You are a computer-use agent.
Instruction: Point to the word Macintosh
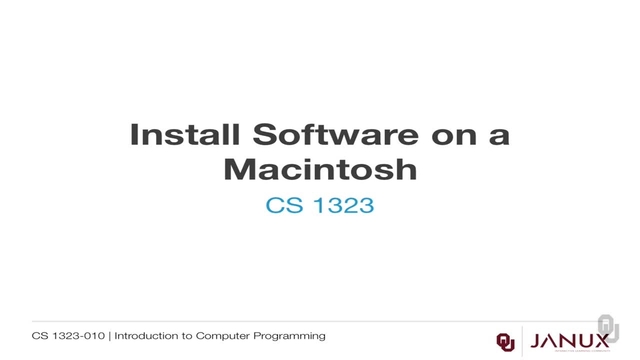click(x=319, y=169)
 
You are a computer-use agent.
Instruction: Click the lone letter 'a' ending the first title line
click(x=499, y=136)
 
